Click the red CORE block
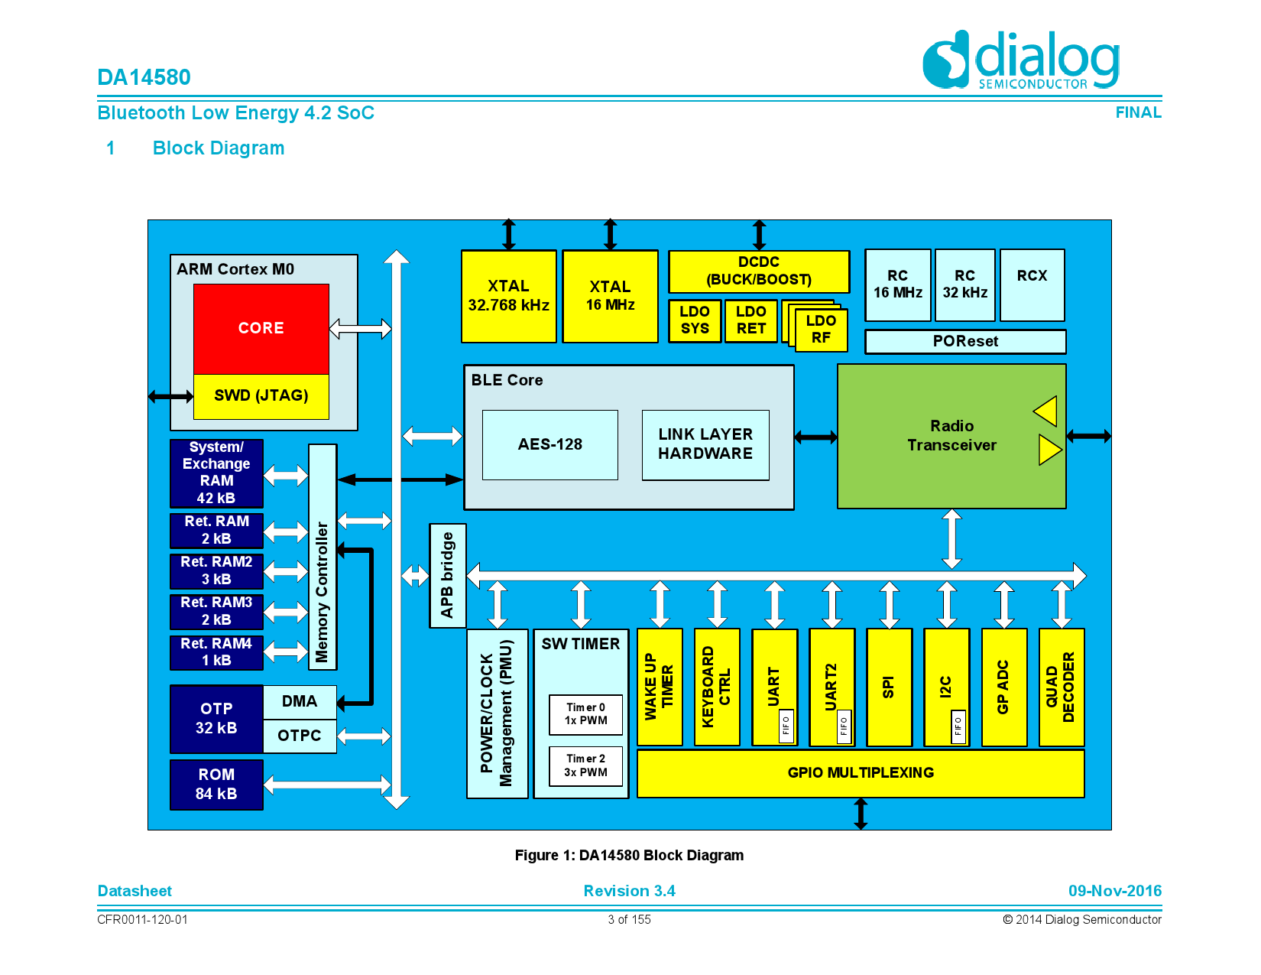click(x=261, y=329)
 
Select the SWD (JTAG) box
click(x=261, y=396)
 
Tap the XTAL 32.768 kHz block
click(x=508, y=297)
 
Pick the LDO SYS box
click(x=695, y=320)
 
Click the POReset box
click(x=964, y=341)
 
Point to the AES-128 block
click(x=549, y=445)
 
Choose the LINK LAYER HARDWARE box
click(x=705, y=445)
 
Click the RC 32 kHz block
click(x=964, y=285)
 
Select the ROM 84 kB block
click(x=216, y=785)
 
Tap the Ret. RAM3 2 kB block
click(x=216, y=612)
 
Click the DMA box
click(x=299, y=702)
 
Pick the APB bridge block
click(x=447, y=575)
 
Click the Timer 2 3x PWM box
click(x=585, y=766)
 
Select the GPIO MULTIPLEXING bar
click(x=860, y=773)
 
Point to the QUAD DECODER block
click(x=1061, y=687)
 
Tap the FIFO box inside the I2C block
click(x=958, y=726)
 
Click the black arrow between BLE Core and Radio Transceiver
click(x=815, y=437)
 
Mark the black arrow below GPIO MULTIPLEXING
click(x=861, y=814)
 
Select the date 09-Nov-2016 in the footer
click(x=1114, y=891)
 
